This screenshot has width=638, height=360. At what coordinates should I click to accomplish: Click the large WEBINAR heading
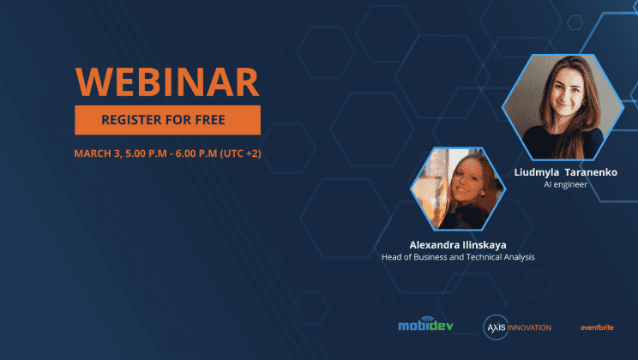point(167,81)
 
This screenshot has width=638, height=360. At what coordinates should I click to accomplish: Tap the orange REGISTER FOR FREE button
point(167,120)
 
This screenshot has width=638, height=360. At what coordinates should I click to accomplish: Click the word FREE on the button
point(210,120)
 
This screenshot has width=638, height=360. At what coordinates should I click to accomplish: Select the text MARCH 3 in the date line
point(98,153)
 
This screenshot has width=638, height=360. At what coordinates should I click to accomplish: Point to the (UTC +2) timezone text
point(240,153)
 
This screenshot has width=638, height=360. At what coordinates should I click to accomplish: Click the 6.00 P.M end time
point(196,153)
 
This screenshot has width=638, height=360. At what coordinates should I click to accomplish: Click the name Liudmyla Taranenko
point(566,172)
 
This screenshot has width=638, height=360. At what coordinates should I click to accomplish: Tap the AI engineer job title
point(566,184)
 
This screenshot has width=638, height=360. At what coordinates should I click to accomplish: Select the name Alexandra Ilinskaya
point(458,245)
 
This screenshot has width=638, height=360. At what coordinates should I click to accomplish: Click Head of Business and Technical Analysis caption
point(458,257)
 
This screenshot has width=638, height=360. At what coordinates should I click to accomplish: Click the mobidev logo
point(425,324)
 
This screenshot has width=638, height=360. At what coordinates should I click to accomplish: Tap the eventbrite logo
point(597,327)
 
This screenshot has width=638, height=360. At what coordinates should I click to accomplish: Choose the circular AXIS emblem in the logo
point(496,327)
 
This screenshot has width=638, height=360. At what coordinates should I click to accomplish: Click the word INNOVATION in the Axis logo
point(529,328)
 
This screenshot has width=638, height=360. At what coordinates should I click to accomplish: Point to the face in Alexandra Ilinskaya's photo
point(468,179)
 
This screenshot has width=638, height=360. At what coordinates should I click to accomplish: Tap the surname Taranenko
point(591,172)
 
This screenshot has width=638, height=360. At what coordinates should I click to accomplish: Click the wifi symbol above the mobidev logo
point(427,320)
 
